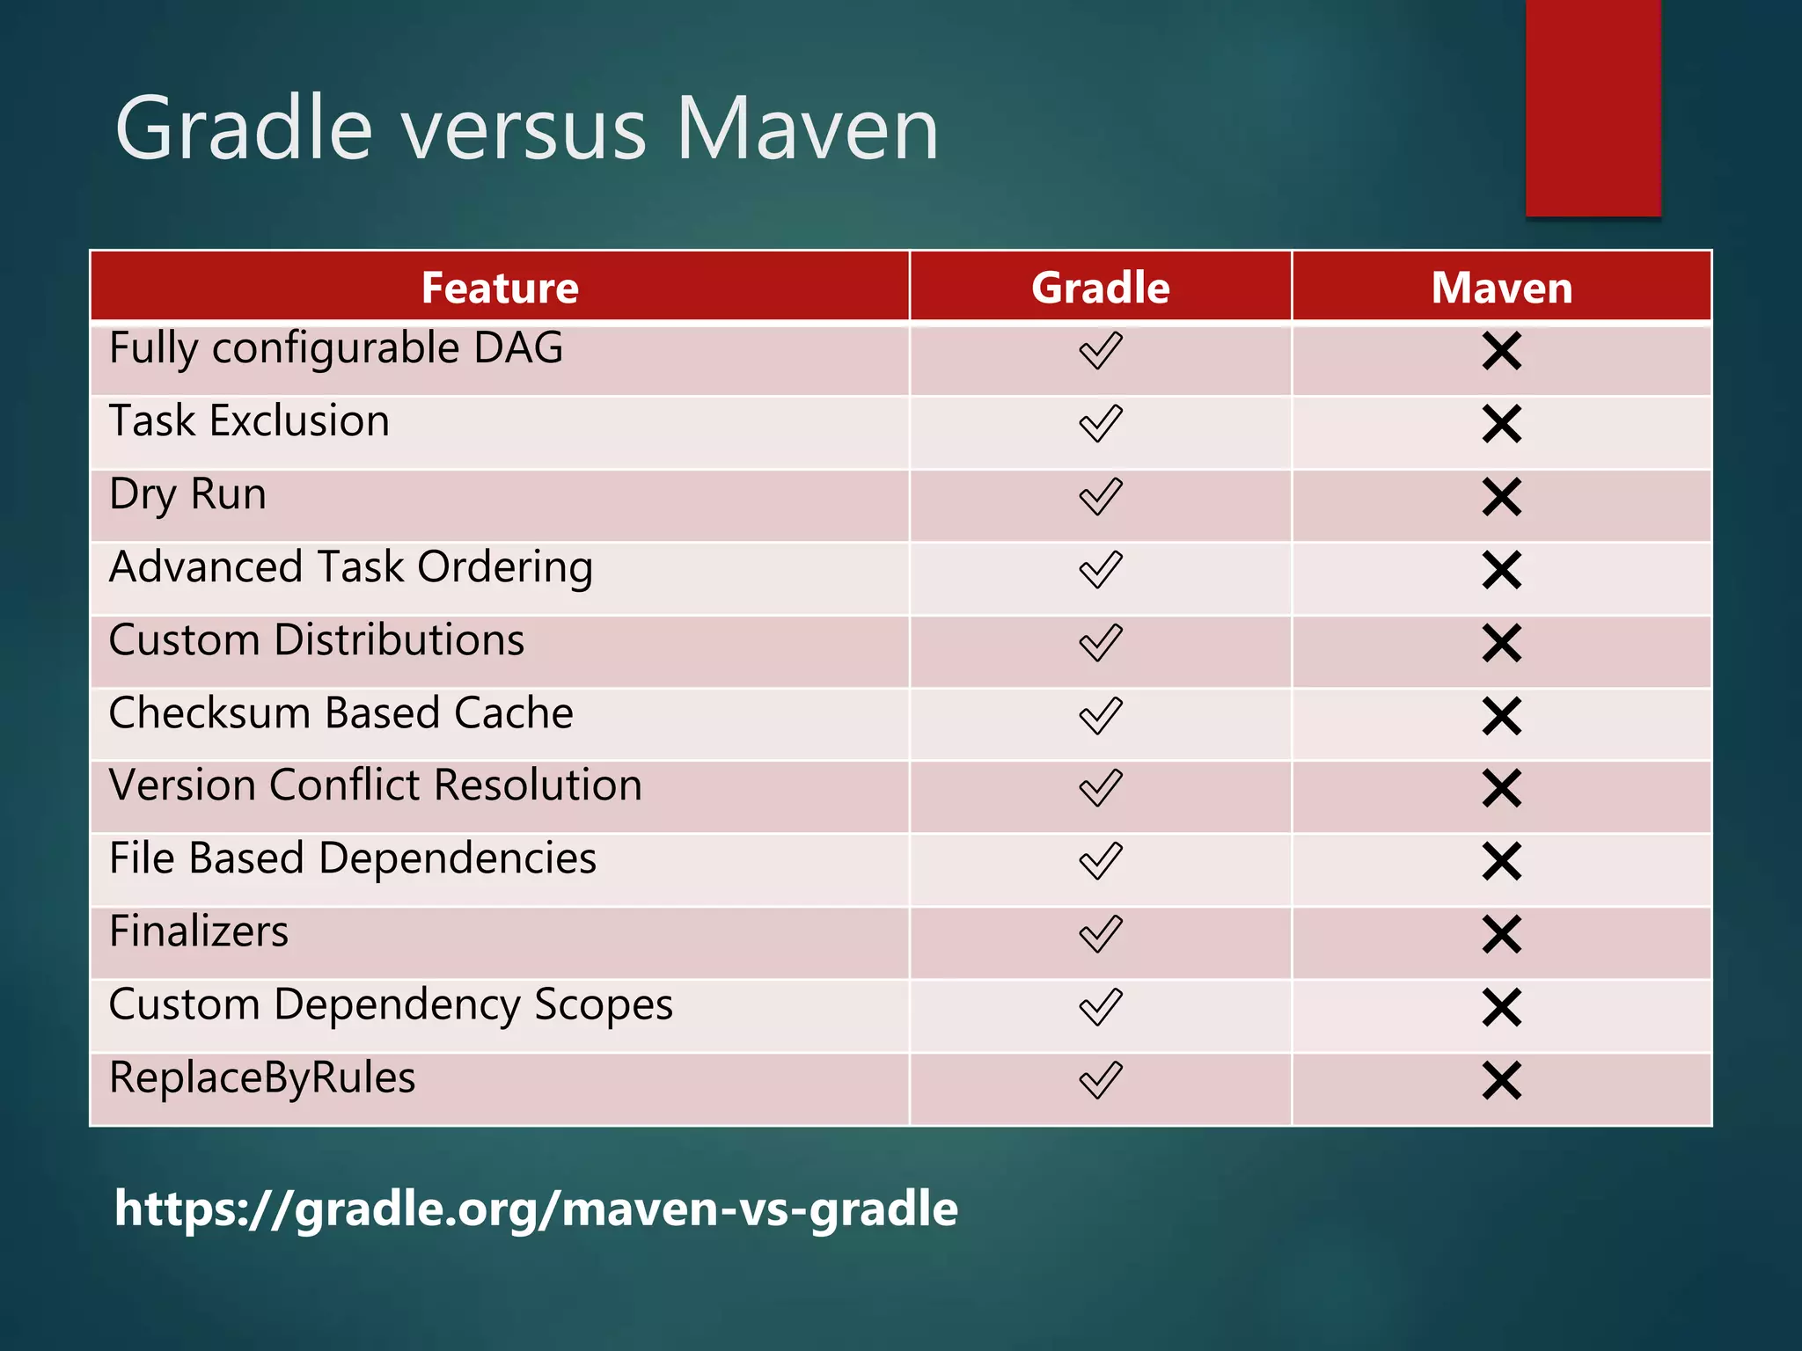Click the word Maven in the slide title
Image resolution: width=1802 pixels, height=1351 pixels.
click(x=807, y=129)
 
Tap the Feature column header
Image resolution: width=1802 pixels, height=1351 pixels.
click(x=500, y=288)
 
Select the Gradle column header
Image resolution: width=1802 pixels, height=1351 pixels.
click(x=1100, y=288)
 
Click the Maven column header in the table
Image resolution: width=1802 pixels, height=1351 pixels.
click(x=1501, y=288)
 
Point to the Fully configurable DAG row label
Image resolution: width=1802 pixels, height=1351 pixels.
click(x=335, y=348)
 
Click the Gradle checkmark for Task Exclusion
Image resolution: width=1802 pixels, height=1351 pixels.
click(x=1100, y=424)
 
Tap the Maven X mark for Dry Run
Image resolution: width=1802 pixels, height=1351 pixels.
click(x=1501, y=497)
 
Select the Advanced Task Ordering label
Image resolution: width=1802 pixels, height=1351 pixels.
click(x=350, y=567)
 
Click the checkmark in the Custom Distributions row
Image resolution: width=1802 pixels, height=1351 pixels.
click(x=1100, y=643)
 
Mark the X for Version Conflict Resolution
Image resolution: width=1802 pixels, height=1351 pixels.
click(x=1501, y=788)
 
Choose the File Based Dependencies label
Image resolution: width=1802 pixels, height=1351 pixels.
click(x=352, y=858)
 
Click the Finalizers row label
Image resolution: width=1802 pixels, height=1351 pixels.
click(x=199, y=931)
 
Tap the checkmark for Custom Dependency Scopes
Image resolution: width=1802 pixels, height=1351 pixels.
click(x=1100, y=1007)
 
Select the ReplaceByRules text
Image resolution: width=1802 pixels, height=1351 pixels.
click(x=262, y=1078)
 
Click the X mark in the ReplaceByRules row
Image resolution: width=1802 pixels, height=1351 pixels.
click(x=1501, y=1080)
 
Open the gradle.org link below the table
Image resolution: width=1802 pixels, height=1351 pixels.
click(x=536, y=1209)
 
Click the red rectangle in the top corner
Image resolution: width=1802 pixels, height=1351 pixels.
click(x=1593, y=107)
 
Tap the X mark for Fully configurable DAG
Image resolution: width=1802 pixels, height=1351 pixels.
click(x=1501, y=351)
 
